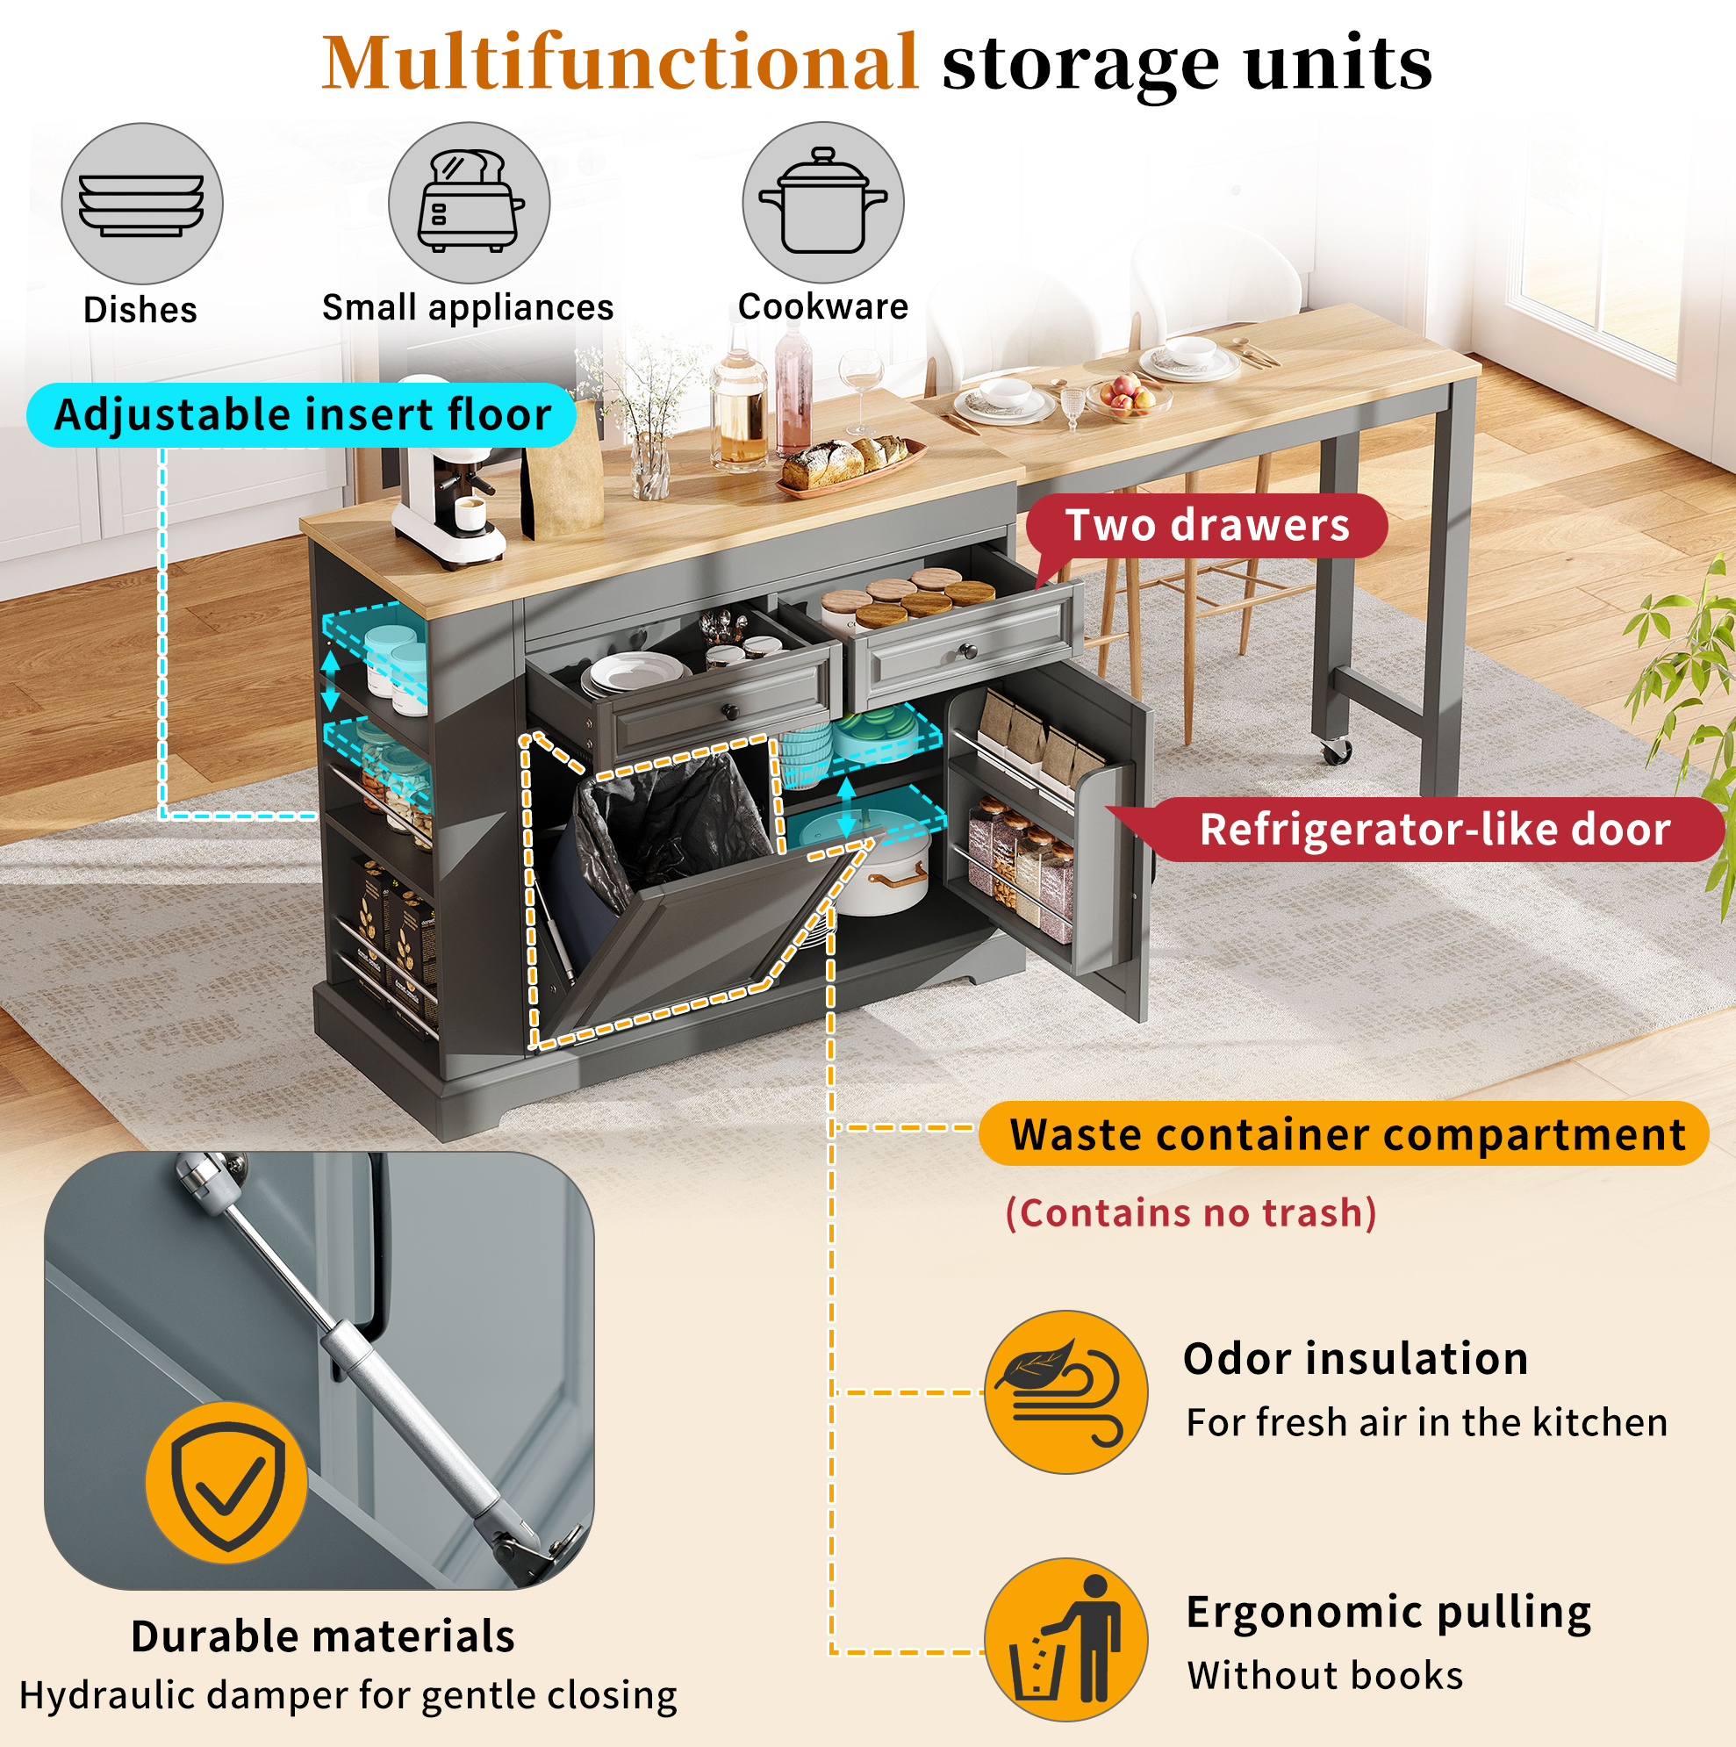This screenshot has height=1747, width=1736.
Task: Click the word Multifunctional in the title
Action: click(x=621, y=63)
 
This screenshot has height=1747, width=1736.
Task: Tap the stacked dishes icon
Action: click(x=142, y=204)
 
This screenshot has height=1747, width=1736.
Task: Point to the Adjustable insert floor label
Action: click(x=302, y=415)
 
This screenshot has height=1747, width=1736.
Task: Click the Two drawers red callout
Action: click(x=1206, y=525)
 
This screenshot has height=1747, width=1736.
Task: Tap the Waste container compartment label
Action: click(x=1345, y=1134)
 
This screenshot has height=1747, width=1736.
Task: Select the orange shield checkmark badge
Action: click(x=227, y=1483)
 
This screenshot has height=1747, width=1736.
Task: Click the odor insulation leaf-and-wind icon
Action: click(x=1066, y=1392)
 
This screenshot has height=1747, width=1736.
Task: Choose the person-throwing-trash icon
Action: click(x=1066, y=1639)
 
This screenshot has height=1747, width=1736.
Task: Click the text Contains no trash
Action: click(x=1191, y=1213)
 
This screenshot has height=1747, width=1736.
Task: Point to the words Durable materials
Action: click(x=323, y=1636)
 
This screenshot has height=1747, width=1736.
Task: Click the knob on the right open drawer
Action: click(x=967, y=651)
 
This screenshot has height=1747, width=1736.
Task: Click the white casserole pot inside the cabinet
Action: click(x=881, y=868)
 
